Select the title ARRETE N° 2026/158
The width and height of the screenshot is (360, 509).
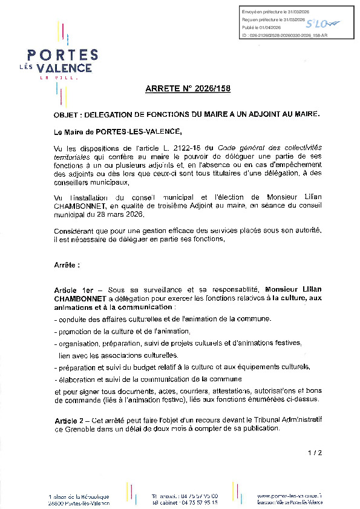[x=188, y=89]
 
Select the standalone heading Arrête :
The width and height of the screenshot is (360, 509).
[x=67, y=265]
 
